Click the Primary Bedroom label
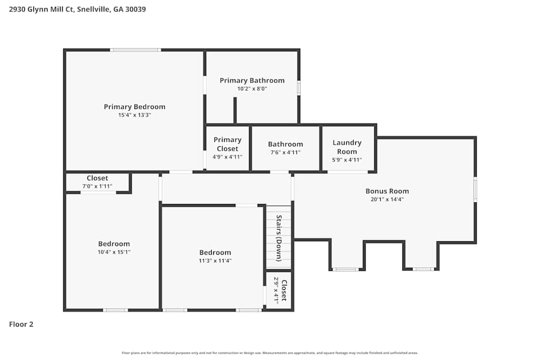click(x=134, y=107)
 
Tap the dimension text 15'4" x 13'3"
click(x=134, y=115)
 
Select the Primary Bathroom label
click(x=252, y=80)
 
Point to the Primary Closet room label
click(x=227, y=144)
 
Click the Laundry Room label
click(x=347, y=147)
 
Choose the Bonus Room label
click(x=387, y=191)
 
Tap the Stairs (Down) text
click(x=279, y=238)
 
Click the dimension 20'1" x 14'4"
click(x=387, y=199)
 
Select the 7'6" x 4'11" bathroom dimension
click(x=285, y=153)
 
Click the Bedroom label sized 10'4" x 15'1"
click(x=113, y=244)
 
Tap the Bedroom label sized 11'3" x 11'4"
click(x=215, y=253)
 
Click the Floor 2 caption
click(x=22, y=324)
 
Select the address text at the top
click(x=77, y=9)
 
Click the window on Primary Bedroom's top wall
click(x=135, y=50)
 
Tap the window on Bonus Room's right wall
click(x=475, y=189)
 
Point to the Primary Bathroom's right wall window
click(x=299, y=88)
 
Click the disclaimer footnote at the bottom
click(x=270, y=352)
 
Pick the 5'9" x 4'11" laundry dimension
click(x=347, y=160)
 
